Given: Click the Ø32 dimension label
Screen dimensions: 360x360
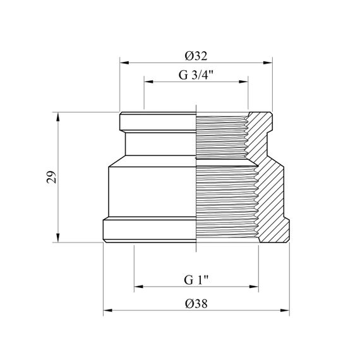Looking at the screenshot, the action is click(196, 56).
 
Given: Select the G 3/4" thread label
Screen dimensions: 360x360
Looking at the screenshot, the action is click(196, 75).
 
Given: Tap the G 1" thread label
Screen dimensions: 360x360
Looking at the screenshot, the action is click(196, 280).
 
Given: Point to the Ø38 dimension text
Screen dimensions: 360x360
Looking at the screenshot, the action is click(196, 304).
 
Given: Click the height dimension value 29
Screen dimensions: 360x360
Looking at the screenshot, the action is click(52, 177).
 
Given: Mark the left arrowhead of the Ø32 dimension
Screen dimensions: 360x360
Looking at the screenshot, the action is click(124, 63).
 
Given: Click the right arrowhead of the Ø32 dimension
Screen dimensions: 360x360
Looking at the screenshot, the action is click(268, 63).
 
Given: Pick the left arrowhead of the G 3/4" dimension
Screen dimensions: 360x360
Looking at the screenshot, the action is click(148, 81).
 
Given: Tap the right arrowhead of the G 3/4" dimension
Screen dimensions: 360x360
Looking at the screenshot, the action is click(244, 81).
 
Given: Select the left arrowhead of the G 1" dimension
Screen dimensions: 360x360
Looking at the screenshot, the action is click(139, 287).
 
